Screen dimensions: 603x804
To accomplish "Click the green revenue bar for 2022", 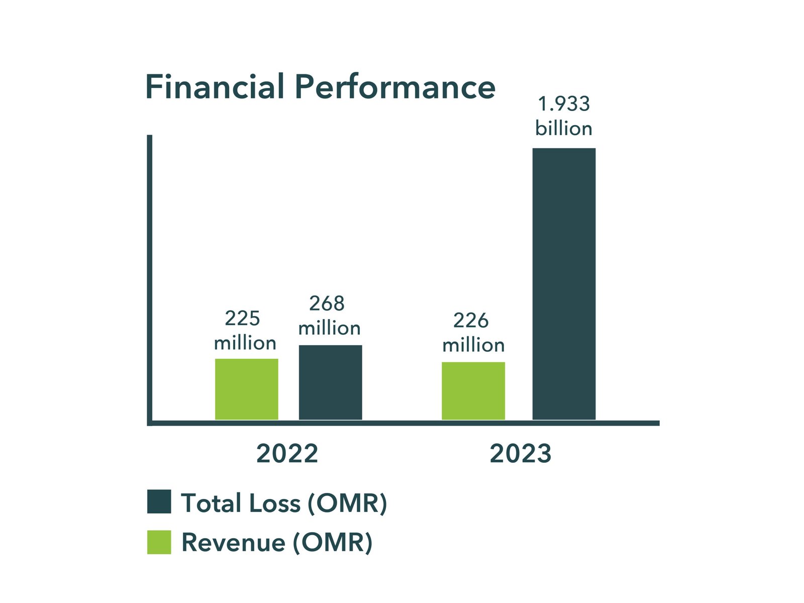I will pos(246,389).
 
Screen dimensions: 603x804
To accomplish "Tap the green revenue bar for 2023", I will pos(473,390).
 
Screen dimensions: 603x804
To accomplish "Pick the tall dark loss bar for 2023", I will pos(564,283).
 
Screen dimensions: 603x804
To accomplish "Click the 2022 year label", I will pos(287,454).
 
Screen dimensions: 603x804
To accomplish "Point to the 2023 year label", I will pos(521,454).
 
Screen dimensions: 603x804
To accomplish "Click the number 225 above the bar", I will pos(242,319).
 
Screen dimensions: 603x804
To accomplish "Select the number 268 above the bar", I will pos(327,304).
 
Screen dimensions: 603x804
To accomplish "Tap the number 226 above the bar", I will pos(471,321).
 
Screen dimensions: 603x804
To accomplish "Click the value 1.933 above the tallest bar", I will pos(564,104).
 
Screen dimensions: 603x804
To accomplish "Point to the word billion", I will pos(564,129).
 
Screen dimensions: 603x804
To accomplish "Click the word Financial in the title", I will pos(215,87).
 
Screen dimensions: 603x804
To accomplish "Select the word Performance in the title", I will pos(395,87).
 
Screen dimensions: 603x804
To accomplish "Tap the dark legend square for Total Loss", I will pos(159,501).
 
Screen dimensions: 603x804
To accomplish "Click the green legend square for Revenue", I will pos(159,542).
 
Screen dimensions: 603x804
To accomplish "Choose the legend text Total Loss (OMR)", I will pos(284,503).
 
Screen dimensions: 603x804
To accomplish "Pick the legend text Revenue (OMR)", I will pos(277,543).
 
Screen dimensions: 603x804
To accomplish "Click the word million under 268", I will pos(329,329).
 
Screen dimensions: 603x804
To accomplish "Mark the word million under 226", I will pos(473,346).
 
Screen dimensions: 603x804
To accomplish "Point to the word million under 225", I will pos(245,344).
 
